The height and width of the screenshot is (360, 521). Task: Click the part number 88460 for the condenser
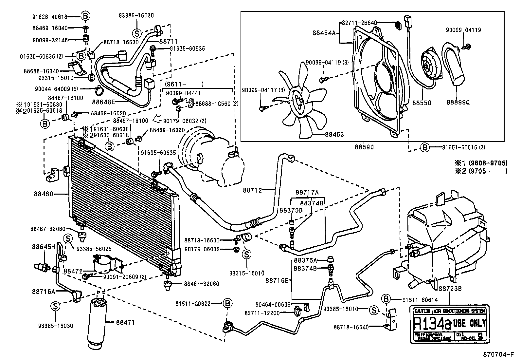coord(43,194)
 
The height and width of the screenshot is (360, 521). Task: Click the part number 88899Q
coord(458,103)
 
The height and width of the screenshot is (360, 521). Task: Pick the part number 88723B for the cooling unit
coord(450,289)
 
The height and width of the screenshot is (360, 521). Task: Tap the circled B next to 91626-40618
coord(85,16)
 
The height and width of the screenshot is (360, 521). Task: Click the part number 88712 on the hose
coord(252,190)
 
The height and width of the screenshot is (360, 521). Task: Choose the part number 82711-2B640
coord(359,23)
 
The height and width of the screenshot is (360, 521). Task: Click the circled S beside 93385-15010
coord(373,310)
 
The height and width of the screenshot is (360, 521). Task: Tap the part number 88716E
coord(277,280)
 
